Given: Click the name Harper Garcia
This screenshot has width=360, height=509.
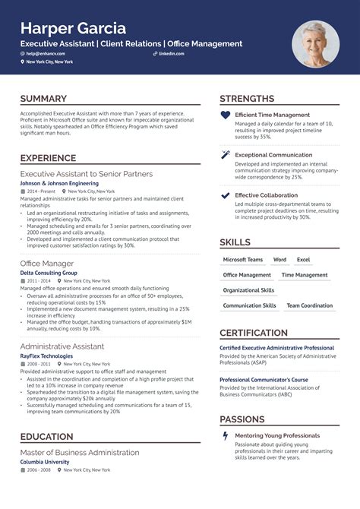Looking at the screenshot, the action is (x=73, y=28).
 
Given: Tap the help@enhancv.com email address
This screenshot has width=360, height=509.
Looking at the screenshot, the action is (x=46, y=55).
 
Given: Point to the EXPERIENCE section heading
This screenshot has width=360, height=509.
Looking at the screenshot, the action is (x=48, y=158).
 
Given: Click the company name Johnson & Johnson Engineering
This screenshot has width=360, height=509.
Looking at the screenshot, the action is (x=59, y=183).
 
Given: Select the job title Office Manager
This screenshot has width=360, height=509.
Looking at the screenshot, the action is (x=46, y=263).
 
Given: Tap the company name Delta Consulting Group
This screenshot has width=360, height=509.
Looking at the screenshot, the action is (x=49, y=272).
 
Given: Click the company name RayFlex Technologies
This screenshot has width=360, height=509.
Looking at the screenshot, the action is (x=46, y=356).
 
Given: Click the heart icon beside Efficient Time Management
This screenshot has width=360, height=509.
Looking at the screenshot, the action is (x=225, y=115).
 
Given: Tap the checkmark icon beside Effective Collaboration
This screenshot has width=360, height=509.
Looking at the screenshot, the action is (x=225, y=195).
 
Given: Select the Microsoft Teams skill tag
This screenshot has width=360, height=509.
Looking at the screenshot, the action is (x=242, y=260).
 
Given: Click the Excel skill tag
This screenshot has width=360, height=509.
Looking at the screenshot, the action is (x=303, y=260).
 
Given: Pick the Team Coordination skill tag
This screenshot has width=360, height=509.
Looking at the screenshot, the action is (x=309, y=305).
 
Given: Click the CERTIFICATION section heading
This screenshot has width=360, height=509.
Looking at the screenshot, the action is (x=253, y=333).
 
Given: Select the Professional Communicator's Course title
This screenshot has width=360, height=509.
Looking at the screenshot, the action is (x=264, y=380).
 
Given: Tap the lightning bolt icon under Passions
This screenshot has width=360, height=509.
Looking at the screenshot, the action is (x=225, y=435).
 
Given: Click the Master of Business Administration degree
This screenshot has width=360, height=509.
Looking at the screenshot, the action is (x=80, y=452).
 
